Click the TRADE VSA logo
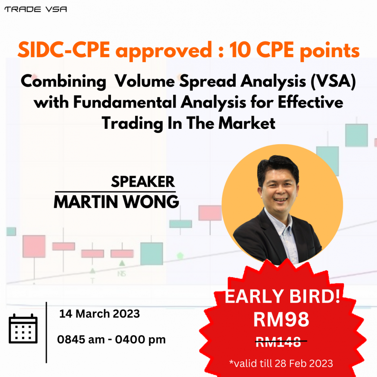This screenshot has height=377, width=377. pos(36,10)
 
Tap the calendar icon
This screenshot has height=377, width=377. pos(23,328)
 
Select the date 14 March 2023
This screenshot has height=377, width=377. pos(99,314)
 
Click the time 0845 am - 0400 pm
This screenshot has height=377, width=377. pos(111,340)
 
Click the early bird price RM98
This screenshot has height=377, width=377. pos(281,319)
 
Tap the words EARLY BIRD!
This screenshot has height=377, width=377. pos(282,296)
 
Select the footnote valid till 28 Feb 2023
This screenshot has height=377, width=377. pos(281,363)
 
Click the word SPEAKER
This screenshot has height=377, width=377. pos(143,182)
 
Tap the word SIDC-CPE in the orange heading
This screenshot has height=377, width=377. pos(64,50)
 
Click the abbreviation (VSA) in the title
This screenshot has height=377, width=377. pos(333,81)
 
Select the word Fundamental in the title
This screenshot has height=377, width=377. pos(125,102)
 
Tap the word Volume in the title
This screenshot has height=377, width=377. pos(145,81)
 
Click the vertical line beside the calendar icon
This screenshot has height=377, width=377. pos(46,332)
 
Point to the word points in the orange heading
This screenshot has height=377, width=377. pos(330,51)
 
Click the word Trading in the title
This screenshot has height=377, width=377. pos(132,124)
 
